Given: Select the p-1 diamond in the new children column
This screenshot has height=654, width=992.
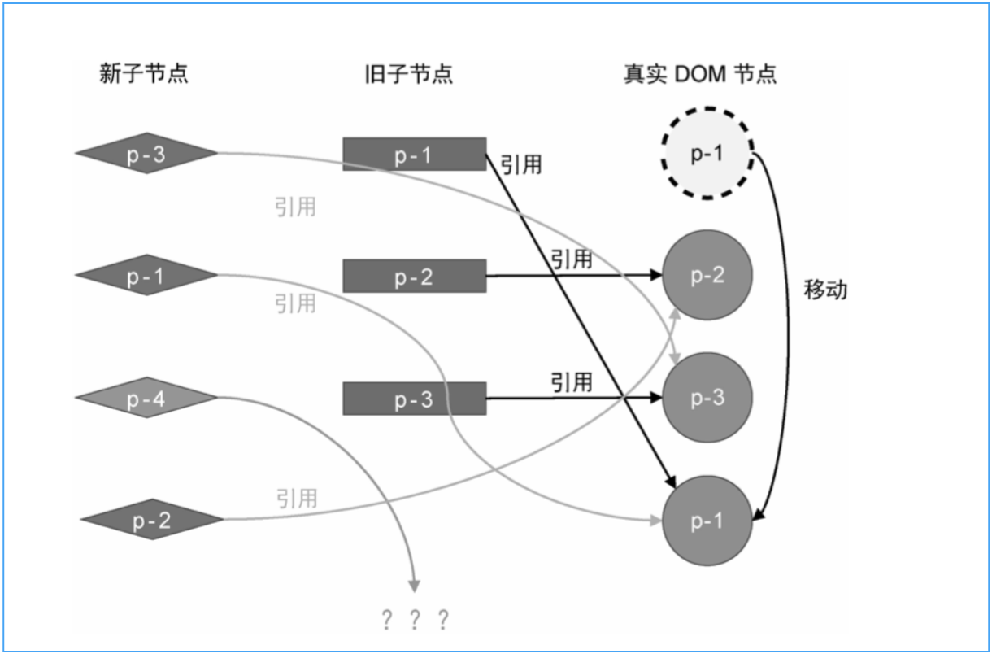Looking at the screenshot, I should [x=146, y=276].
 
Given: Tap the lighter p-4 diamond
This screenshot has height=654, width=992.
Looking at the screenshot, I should [x=146, y=398].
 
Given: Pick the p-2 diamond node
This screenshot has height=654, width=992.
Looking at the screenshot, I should [x=151, y=520].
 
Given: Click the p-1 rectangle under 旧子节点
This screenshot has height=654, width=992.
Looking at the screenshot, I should [x=414, y=154].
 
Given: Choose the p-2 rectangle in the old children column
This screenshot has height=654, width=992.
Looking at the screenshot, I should [x=414, y=276].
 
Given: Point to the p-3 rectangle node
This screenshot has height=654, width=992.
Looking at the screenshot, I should [x=414, y=399].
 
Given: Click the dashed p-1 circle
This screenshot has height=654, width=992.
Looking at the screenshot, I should [x=707, y=153].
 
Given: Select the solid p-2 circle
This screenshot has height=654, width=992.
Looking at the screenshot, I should [x=707, y=275].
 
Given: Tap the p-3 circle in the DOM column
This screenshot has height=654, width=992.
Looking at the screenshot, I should [x=707, y=398].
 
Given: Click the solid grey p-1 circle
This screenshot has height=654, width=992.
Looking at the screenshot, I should [x=707, y=521].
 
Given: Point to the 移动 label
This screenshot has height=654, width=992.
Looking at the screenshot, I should [x=825, y=290].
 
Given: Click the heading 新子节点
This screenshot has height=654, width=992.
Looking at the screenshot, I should [x=144, y=74].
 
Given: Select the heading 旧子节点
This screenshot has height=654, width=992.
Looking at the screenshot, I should [x=409, y=74].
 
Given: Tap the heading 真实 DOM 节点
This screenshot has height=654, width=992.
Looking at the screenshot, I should [x=700, y=74].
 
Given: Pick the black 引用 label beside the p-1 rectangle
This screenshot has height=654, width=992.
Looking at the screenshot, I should [x=520, y=165].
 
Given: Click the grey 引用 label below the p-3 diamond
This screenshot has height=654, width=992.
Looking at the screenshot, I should [x=295, y=207].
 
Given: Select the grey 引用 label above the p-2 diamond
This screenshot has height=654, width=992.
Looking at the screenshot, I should [x=296, y=498].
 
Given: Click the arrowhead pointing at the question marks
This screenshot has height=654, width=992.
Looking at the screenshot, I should [x=415, y=585].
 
